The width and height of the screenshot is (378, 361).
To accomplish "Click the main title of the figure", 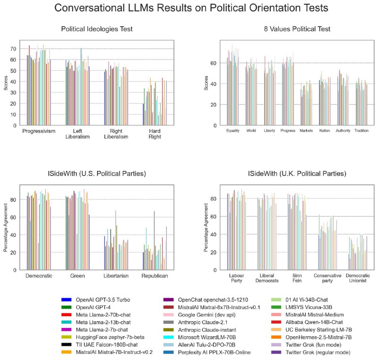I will pos(189,8).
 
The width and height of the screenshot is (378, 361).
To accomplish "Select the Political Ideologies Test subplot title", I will pos(96,29).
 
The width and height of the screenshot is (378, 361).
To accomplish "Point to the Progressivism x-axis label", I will pos(39,131).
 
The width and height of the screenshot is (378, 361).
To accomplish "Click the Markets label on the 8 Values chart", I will pos(307,130).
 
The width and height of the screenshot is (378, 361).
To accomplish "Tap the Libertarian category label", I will pos(116,275).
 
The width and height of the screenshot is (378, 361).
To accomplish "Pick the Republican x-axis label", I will pos(155,275).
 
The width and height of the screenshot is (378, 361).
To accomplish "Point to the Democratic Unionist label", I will pos(358,278).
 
